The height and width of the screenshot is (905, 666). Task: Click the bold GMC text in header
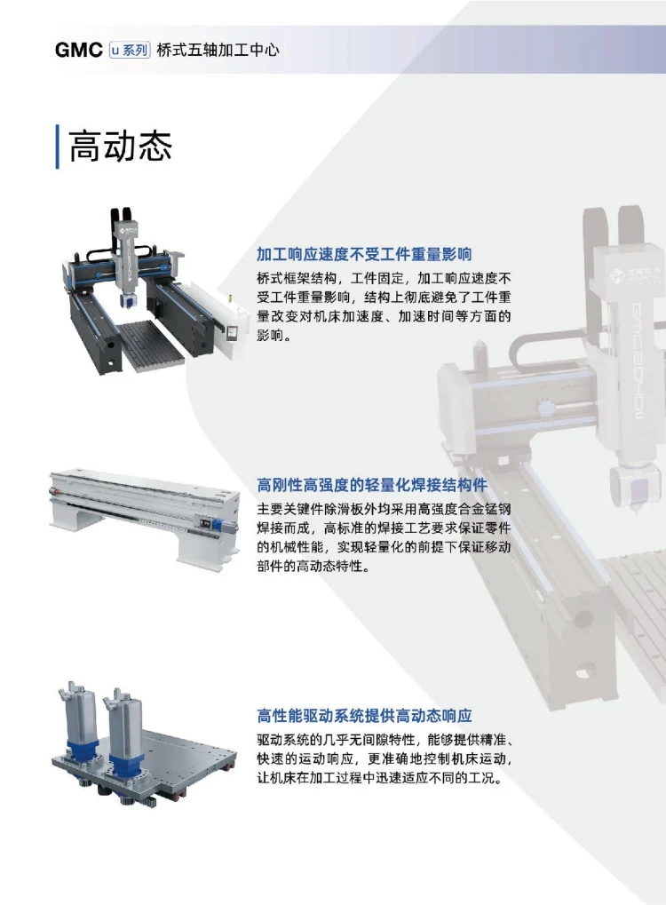coord(78,51)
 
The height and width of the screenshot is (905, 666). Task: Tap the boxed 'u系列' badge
coord(130,51)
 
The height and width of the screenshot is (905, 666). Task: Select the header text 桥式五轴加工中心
coord(218,51)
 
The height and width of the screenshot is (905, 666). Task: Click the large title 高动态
coord(120,147)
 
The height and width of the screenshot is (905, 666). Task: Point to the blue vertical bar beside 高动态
coord(57,147)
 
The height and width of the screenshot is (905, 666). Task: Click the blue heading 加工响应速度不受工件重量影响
coord(364,254)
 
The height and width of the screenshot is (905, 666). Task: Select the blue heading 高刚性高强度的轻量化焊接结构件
coord(372,485)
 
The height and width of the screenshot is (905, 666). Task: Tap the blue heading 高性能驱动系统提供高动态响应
coord(364,716)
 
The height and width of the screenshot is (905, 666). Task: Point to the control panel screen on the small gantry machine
coord(234,334)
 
